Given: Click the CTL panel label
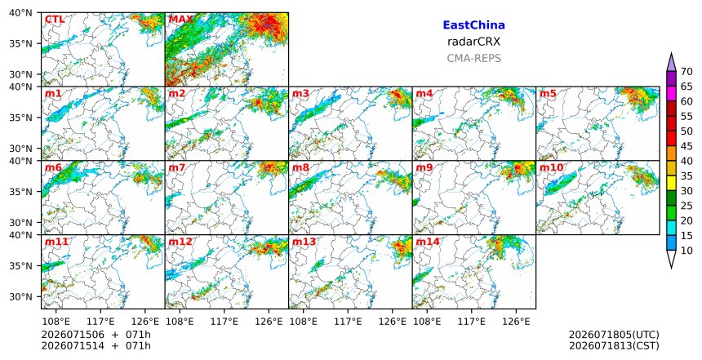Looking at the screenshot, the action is [x=55, y=20].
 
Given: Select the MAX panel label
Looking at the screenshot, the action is [x=180, y=20].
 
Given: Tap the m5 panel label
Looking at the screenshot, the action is [x=548, y=94].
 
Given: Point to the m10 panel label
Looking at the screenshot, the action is [x=552, y=167].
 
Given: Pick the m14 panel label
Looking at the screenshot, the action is [x=428, y=242].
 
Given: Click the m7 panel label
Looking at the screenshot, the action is [x=177, y=167].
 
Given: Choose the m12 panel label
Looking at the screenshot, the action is [x=180, y=242].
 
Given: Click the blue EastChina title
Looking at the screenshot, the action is [x=473, y=25].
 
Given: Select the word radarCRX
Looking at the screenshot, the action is [x=473, y=42].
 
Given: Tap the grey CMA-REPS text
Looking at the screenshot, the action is [x=473, y=58].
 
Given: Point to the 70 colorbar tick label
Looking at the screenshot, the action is [x=686, y=72].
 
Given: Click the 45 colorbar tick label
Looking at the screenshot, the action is [x=686, y=146].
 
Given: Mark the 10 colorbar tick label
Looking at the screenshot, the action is [x=686, y=251].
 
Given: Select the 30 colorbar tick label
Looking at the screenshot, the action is [x=686, y=191].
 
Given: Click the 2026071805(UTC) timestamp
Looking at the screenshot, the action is [x=614, y=335].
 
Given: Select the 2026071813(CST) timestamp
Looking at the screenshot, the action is [x=614, y=345].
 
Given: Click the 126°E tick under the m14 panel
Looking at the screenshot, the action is [x=516, y=322].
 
